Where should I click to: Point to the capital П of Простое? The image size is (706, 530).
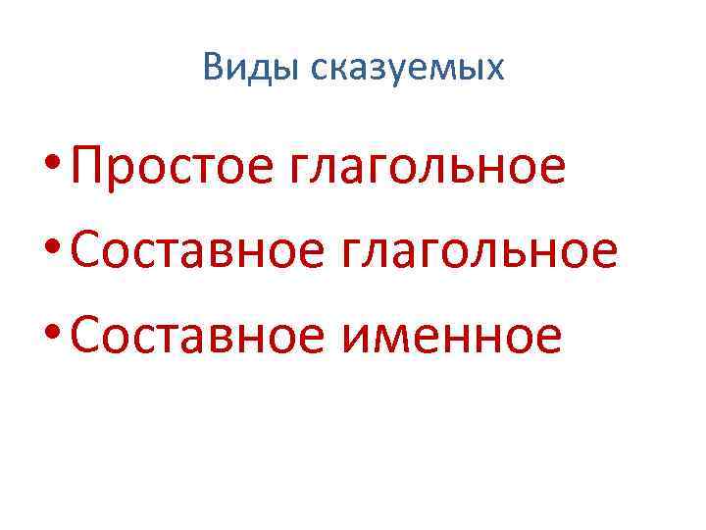(88, 166)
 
